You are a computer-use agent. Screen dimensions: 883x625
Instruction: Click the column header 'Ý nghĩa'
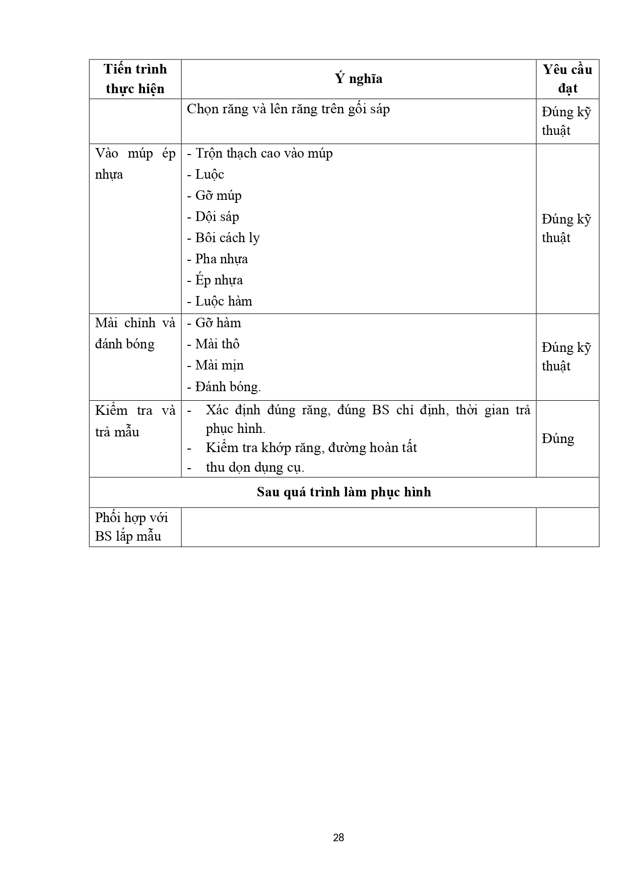coord(358,79)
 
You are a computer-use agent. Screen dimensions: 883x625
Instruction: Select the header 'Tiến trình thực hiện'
coord(135,79)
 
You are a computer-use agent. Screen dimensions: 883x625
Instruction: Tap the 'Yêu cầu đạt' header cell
coord(567,79)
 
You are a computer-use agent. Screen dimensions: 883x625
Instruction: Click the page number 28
coord(338,838)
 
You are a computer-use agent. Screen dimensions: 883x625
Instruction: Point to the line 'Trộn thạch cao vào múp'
coord(260,153)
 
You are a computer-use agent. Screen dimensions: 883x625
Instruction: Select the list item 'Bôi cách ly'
coord(224,238)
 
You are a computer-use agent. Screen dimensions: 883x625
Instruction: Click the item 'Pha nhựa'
coord(218,259)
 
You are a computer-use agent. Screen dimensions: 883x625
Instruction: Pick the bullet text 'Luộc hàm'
coord(220,301)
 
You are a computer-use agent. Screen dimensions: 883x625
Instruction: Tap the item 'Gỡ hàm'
coord(214,323)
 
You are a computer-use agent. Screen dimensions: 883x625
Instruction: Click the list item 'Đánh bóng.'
coord(224,387)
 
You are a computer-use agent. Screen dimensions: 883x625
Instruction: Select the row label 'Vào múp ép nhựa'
coord(135,164)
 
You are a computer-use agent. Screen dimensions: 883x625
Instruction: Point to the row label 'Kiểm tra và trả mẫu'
coord(135,421)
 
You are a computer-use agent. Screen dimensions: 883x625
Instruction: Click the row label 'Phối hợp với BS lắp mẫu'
coord(131,527)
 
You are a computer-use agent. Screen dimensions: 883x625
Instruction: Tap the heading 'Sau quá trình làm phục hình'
coord(344,492)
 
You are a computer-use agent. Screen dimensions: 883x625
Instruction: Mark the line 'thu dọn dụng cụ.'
coord(255,467)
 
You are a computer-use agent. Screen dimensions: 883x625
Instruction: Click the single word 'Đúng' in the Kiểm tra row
coord(558,438)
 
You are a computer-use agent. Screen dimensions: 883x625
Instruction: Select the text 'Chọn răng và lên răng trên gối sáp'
coord(288,109)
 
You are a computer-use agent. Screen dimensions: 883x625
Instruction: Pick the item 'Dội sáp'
coord(213,216)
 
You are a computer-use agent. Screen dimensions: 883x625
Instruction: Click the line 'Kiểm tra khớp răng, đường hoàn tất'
coord(311,448)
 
